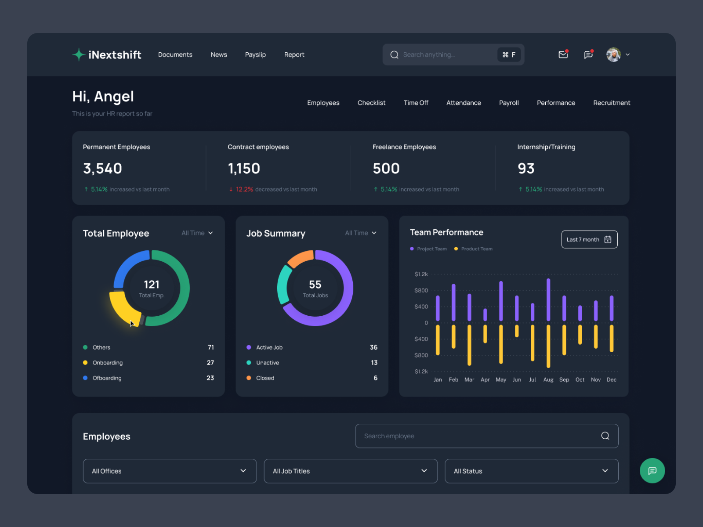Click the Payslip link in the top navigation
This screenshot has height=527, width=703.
click(255, 54)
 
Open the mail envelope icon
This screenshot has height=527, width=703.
click(563, 54)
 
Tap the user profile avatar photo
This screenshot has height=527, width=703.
click(613, 54)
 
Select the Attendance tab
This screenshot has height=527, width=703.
click(464, 103)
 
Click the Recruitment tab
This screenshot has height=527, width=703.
click(612, 103)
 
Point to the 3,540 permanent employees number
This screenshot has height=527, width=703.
click(102, 169)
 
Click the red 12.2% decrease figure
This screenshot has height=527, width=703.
click(244, 189)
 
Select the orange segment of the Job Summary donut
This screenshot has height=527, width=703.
click(300, 258)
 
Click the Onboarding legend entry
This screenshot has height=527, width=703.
click(107, 363)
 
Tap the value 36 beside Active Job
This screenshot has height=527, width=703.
click(373, 347)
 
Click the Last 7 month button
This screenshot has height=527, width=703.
click(589, 239)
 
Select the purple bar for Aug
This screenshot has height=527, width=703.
click(548, 300)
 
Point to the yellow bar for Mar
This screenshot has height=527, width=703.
click(469, 345)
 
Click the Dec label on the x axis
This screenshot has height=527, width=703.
click(611, 380)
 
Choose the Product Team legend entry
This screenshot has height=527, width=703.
click(476, 249)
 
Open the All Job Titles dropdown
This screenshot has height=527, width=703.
click(350, 471)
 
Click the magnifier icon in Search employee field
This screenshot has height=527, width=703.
click(605, 436)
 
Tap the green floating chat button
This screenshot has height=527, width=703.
click(652, 471)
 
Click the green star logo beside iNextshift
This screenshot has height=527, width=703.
click(79, 54)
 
